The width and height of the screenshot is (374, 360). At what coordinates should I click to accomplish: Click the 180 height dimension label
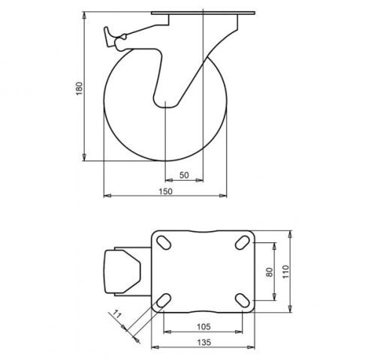79,88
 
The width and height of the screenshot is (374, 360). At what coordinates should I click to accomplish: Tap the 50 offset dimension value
184,175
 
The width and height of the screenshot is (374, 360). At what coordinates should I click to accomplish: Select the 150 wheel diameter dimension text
166,191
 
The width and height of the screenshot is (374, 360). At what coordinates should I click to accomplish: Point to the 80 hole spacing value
270,271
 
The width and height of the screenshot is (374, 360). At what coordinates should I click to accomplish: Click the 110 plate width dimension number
285,271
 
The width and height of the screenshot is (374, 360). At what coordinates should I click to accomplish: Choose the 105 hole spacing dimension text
204,326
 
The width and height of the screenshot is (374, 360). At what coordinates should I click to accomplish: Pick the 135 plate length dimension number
204,342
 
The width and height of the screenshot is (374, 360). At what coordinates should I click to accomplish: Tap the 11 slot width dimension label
117,314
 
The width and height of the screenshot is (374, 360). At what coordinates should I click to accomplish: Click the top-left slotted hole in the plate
164,242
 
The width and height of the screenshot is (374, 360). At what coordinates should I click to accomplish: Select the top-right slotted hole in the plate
243,242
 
